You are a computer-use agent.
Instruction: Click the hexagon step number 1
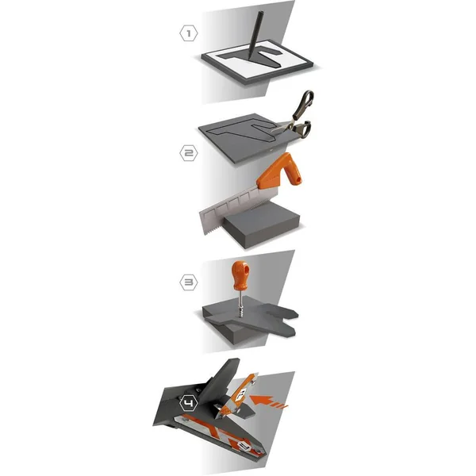click(x=189, y=33)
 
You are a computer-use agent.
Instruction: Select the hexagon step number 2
click(x=189, y=152)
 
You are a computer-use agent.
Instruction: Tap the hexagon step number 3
click(x=189, y=282)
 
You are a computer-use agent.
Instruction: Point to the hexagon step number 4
click(x=189, y=404)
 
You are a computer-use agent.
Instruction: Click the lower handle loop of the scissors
click(x=301, y=129)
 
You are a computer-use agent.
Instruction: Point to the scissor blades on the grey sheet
click(x=281, y=128)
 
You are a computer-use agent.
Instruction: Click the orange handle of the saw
click(x=280, y=172)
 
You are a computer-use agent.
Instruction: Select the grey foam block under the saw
click(x=262, y=225)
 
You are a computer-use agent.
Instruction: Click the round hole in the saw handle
click(x=299, y=181)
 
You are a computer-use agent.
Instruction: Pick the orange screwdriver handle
click(x=240, y=275)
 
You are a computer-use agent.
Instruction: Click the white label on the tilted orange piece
click(x=242, y=394)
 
